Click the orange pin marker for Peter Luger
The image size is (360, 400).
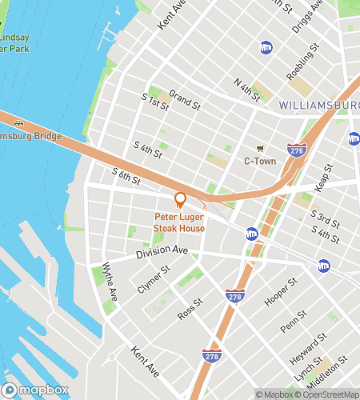[180, 200]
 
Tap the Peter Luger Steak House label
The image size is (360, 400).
[180, 222]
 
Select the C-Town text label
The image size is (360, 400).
[259, 161]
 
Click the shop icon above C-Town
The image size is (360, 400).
[259, 148]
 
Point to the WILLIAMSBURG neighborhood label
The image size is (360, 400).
[318, 106]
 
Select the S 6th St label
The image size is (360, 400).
[126, 176]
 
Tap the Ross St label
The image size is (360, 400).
[190, 310]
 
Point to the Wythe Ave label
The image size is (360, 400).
[110, 282]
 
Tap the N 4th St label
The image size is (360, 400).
[247, 90]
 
